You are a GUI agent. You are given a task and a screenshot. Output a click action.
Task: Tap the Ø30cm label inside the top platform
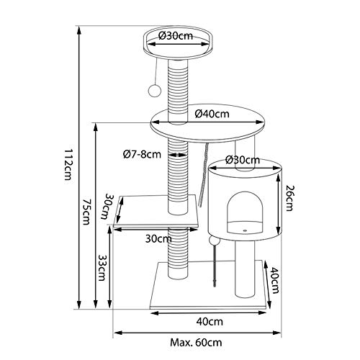[176, 36]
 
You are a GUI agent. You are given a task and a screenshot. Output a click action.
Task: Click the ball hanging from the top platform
[154, 90]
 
